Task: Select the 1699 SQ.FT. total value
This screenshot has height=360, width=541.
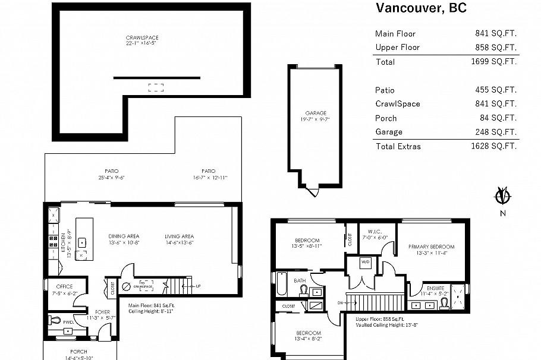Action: coord(493,61)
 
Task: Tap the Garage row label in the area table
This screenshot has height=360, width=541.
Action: coord(389,132)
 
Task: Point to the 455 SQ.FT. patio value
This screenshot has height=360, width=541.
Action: coord(493,90)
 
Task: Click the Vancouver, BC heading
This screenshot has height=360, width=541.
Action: coord(421,8)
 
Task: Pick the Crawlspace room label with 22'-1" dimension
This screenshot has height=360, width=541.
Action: coord(141,40)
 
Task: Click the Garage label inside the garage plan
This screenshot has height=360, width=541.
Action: coord(316,116)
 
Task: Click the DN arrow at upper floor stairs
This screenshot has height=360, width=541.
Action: coord(341,302)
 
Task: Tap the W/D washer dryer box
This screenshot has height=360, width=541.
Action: coord(366,262)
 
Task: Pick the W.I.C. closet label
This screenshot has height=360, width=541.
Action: coord(374,232)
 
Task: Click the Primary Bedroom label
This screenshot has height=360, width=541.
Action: coord(431,247)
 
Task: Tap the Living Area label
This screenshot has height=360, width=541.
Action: coord(179,236)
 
